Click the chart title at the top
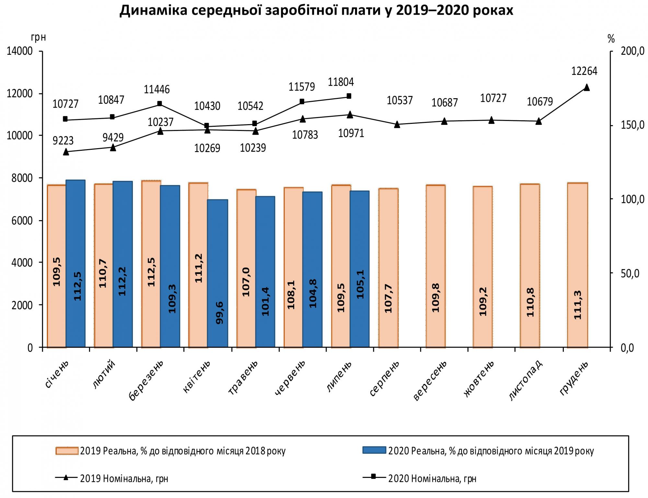pos(316,11)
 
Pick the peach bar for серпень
pos(388,267)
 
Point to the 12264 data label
pos(584,71)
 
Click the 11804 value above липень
pos(341,82)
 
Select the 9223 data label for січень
pos(63,141)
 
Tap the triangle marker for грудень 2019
pos(586,88)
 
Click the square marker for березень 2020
pos(159,104)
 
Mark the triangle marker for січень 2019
pos(66,152)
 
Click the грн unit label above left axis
pos(38,38)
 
